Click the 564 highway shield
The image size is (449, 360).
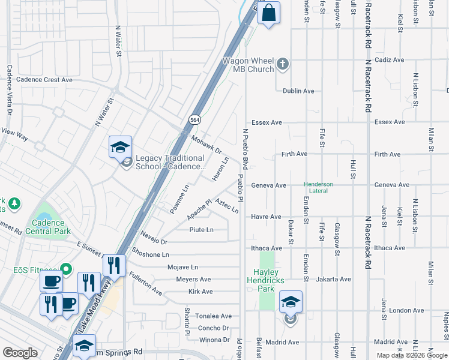coord(195,119)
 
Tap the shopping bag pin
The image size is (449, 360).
coord(268,13)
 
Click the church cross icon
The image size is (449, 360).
coord(283,63)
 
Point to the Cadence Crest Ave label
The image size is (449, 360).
coord(44,80)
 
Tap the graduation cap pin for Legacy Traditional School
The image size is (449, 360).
coord(120,146)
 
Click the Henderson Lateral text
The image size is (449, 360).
coord(327,187)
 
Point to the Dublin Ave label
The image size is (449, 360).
coord(298,91)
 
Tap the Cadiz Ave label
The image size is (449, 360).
coord(390,60)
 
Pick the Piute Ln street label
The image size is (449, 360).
coord(201,230)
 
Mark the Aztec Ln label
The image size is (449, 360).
coord(226,206)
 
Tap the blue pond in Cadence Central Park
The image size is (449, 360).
coord(44,212)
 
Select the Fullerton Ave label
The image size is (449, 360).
coord(145,284)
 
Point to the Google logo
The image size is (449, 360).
coord(20,353)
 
